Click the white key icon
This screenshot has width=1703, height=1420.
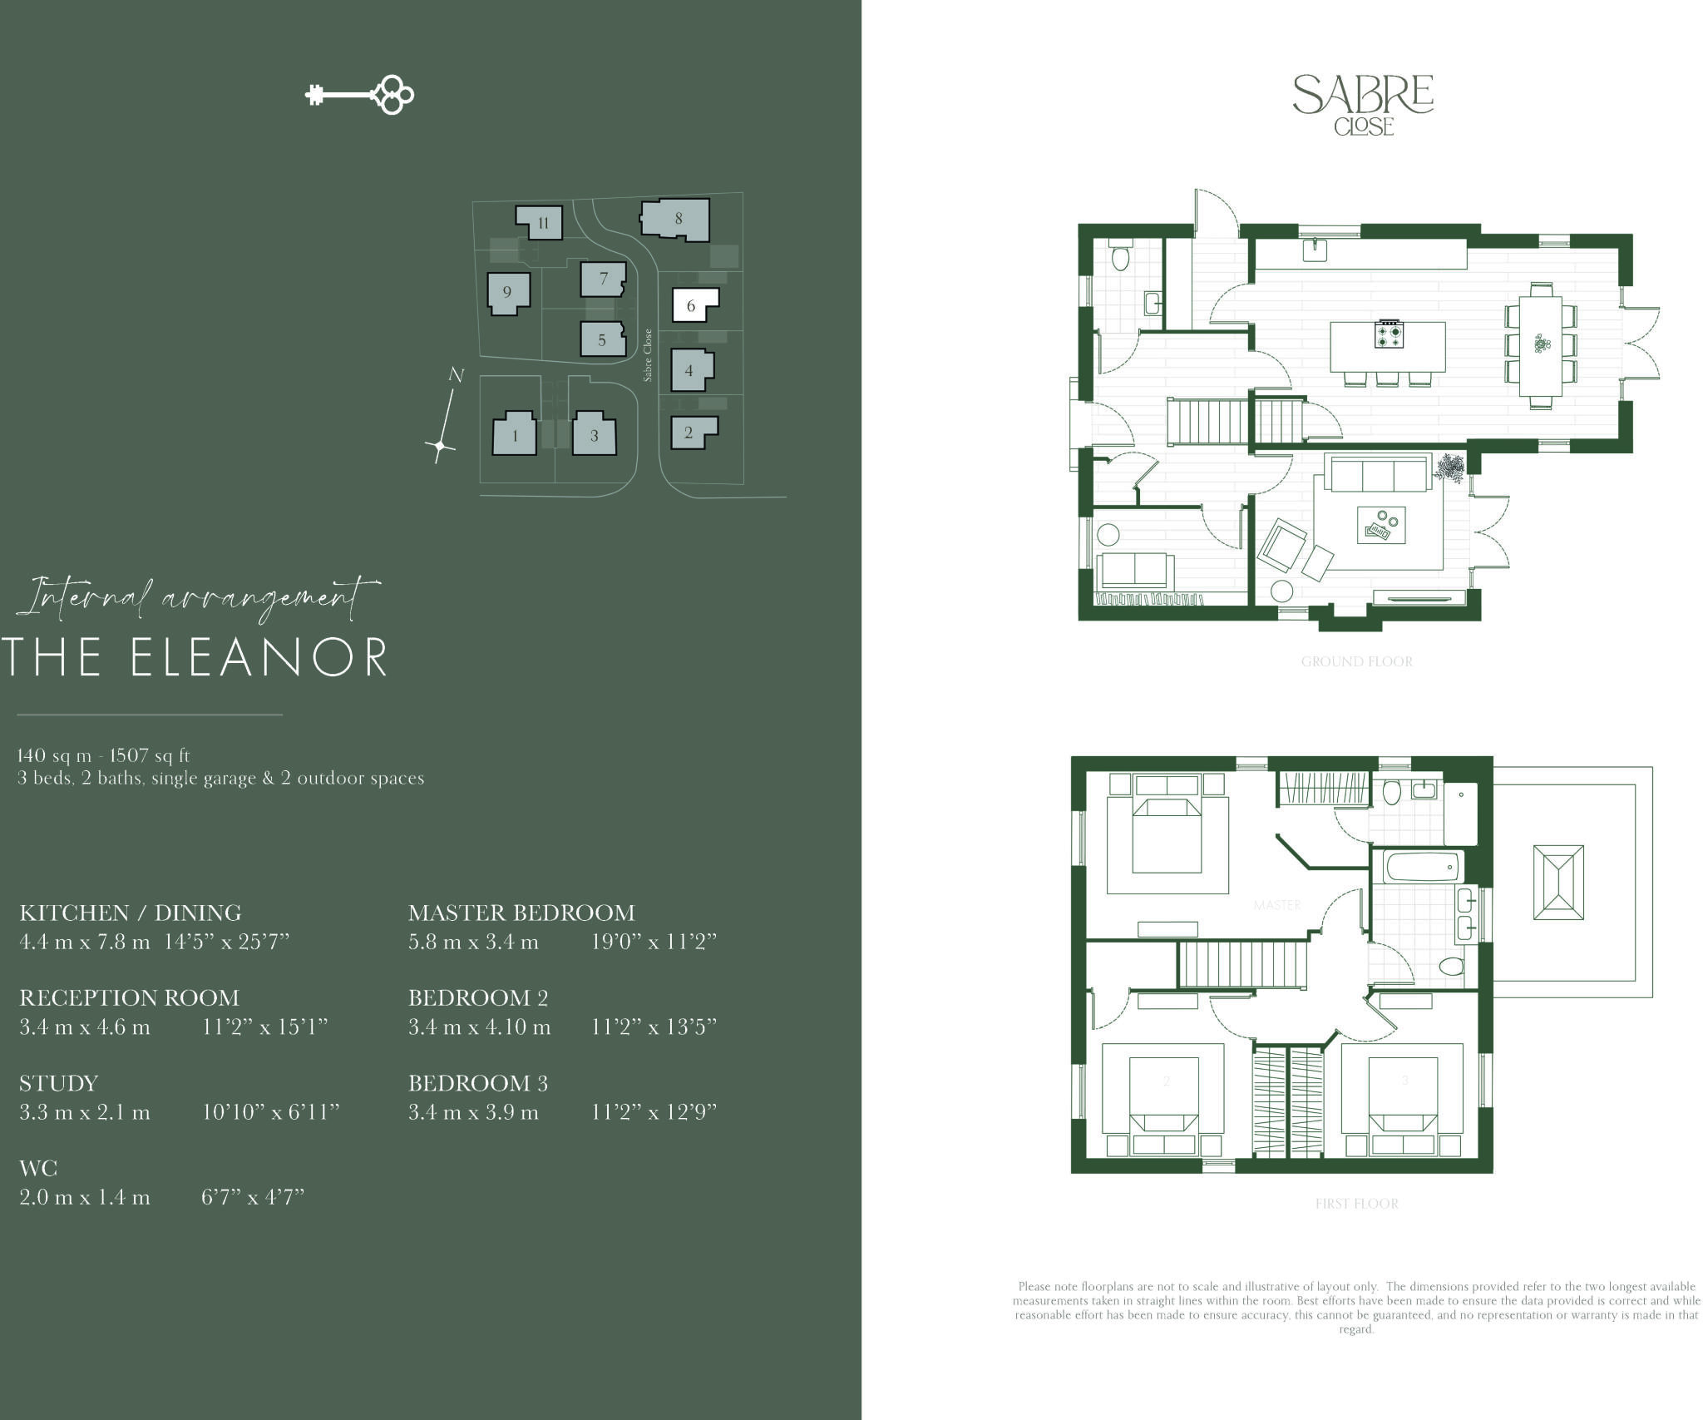(359, 95)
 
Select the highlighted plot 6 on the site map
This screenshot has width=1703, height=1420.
(692, 304)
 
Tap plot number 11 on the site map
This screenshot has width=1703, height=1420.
(541, 222)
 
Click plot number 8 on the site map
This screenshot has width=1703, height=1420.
(677, 219)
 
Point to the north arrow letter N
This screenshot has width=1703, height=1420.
(456, 375)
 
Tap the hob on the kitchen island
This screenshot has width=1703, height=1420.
(1389, 334)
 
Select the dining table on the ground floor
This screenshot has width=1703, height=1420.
(1541, 345)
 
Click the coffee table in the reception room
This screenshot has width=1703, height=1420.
(1381, 525)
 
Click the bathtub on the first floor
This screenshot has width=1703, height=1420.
(1423, 867)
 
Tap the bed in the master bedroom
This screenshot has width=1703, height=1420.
(1167, 834)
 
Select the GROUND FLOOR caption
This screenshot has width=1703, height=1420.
(1356, 662)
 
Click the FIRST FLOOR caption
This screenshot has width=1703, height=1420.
(1356, 1204)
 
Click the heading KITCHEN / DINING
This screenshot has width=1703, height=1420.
(131, 913)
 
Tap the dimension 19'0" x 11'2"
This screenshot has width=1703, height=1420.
(654, 942)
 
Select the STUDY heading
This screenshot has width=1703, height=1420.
(59, 1083)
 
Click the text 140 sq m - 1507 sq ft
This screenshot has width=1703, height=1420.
(104, 755)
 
